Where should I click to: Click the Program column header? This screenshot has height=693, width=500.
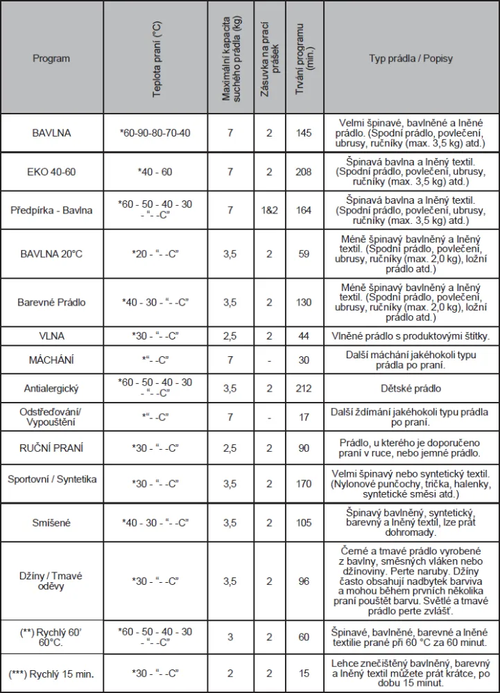(x=51, y=59)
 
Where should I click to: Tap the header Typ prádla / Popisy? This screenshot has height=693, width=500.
(x=411, y=59)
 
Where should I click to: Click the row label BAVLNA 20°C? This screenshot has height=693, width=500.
(x=51, y=254)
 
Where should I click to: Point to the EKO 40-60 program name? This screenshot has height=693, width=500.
(x=51, y=172)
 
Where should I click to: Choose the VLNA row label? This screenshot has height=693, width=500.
(x=51, y=336)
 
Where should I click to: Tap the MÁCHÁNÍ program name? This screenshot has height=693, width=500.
(x=51, y=360)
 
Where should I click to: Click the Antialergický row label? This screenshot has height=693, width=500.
(x=51, y=388)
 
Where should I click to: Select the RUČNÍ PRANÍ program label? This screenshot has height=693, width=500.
(x=51, y=448)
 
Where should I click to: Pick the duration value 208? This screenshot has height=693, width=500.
(x=304, y=172)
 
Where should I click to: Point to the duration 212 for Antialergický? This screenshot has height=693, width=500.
(x=304, y=388)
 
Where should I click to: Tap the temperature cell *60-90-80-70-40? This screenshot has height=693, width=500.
(x=155, y=132)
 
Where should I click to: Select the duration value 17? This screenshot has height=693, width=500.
(x=304, y=416)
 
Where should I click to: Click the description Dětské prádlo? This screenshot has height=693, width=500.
(x=411, y=389)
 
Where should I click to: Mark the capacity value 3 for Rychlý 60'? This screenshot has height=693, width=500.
(x=230, y=637)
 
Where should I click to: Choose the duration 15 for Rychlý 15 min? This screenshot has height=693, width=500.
(x=304, y=674)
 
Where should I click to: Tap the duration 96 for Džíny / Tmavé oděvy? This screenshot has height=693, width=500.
(x=304, y=581)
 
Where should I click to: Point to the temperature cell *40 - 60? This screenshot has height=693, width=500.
(x=155, y=172)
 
